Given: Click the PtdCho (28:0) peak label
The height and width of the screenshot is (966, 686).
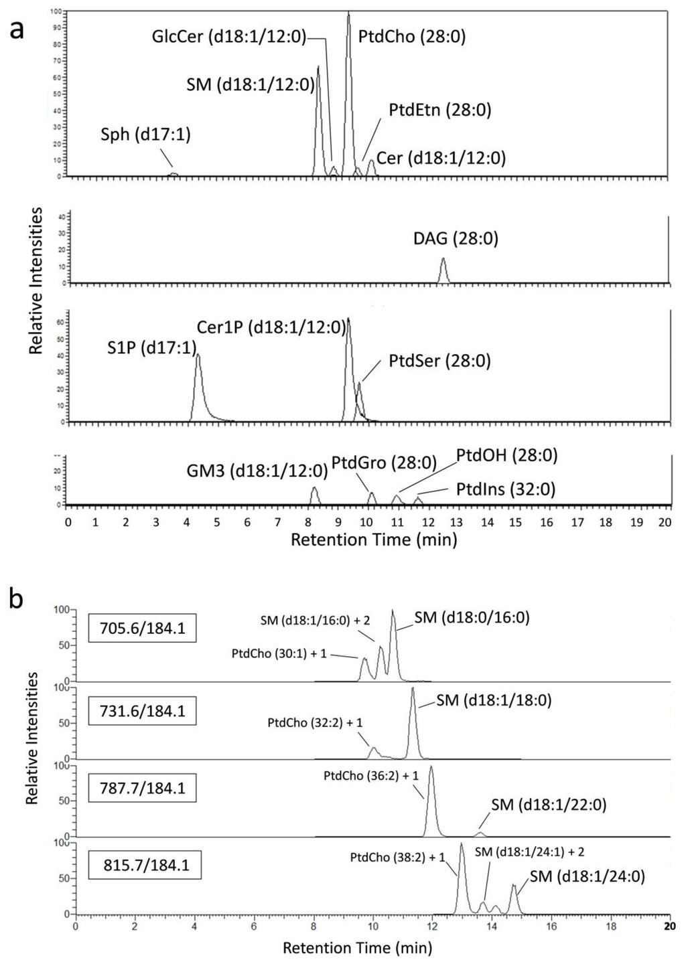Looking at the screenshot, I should click(x=411, y=36).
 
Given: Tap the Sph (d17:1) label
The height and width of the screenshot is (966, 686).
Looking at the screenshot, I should click(x=145, y=135).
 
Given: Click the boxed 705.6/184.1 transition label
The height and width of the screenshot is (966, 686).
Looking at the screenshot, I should click(x=143, y=628).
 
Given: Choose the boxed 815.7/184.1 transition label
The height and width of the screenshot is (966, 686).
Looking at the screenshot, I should click(x=147, y=865).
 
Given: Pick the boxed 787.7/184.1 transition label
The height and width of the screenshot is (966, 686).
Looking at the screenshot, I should click(x=143, y=788).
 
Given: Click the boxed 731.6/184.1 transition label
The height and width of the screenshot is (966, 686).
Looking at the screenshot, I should click(x=143, y=711).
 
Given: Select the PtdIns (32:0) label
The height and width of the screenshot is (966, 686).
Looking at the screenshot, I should click(x=506, y=489).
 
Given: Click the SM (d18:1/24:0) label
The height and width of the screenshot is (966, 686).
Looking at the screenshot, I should click(x=587, y=876).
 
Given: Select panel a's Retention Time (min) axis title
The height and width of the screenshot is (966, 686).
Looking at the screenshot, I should click(x=373, y=540).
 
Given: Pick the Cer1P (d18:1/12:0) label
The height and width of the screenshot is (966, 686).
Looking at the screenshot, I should click(x=271, y=327).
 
